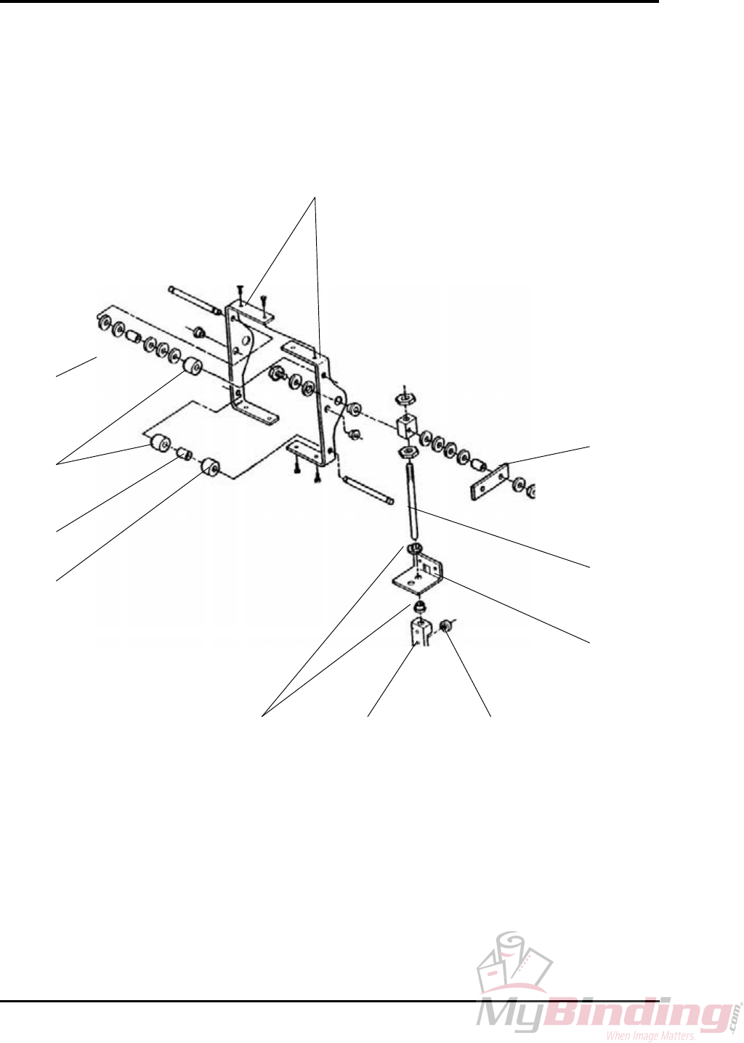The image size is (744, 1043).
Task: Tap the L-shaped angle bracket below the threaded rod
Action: pos(418,574)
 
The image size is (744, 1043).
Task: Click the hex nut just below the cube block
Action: pos(408,453)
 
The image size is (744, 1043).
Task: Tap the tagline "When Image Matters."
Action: pos(650,1036)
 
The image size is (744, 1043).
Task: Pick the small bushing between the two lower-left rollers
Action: pos(185,454)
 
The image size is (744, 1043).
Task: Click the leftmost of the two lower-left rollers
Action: pos(159,442)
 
